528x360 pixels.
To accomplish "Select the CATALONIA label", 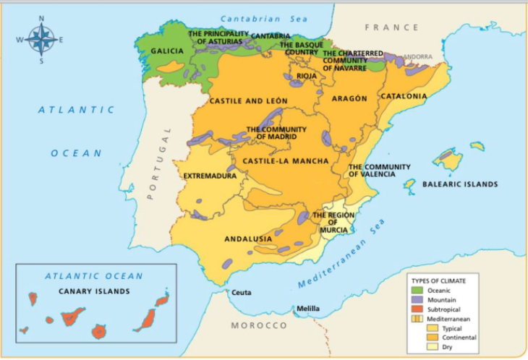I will pyautogui.click(x=404, y=96).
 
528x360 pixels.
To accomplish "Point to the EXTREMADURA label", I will pyautogui.click(x=210, y=176).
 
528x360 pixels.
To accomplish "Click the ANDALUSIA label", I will pyautogui.click(x=248, y=239).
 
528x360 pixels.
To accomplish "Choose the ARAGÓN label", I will pyautogui.click(x=349, y=98).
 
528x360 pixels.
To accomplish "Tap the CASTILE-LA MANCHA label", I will pyautogui.click(x=285, y=160).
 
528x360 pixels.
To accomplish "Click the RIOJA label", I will pyautogui.click(x=307, y=75).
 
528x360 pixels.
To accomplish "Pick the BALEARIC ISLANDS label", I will pyautogui.click(x=460, y=184).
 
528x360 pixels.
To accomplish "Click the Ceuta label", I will pyautogui.click(x=241, y=293).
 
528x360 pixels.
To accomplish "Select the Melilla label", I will pyautogui.click(x=308, y=309).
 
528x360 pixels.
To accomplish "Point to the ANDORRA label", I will pyautogui.click(x=417, y=56).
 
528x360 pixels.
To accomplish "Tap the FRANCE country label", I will pyautogui.click(x=391, y=27).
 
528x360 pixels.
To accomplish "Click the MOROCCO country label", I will pyautogui.click(x=259, y=326).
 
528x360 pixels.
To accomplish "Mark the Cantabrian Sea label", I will pyautogui.click(x=263, y=18).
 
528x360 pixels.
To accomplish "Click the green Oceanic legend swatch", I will pyautogui.click(x=417, y=290).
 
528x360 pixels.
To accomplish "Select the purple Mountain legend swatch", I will pyautogui.click(x=417, y=299).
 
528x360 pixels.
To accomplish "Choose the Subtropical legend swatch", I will pyautogui.click(x=417, y=309).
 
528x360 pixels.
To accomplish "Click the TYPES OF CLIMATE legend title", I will pyautogui.click(x=443, y=280).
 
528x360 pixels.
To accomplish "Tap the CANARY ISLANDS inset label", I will pyautogui.click(x=94, y=291).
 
